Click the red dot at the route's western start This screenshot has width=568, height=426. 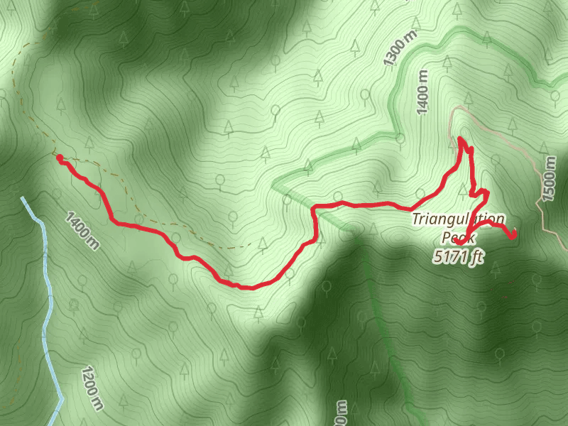coord(60,158)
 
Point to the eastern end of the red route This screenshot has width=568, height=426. coord(513,235)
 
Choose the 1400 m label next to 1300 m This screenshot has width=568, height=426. coord(424,93)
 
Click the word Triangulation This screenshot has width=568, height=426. coord(458,219)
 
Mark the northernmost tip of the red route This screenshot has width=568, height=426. coord(461,138)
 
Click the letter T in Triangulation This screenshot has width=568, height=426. coord(416,219)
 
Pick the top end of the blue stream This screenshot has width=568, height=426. coord(23,199)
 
